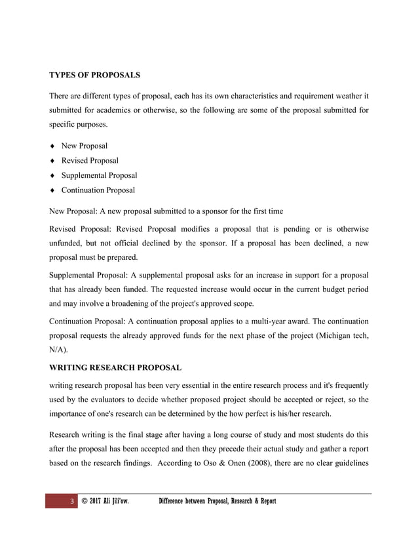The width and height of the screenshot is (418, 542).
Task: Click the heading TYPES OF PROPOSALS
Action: pyautogui.click(x=95, y=75)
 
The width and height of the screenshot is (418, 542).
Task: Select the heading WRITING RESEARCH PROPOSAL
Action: pyautogui.click(x=116, y=367)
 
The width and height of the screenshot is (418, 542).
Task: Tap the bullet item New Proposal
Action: pyautogui.click(x=85, y=146)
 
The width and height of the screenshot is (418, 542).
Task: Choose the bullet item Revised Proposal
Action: pyautogui.click(x=90, y=161)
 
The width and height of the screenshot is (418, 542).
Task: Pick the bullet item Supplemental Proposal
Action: pyautogui.click(x=99, y=176)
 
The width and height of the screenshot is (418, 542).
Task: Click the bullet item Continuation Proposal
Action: pyautogui.click(x=98, y=190)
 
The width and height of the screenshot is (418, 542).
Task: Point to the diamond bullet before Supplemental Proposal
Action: pyautogui.click(x=52, y=176)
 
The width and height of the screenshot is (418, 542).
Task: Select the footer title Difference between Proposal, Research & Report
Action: pyautogui.click(x=218, y=502)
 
